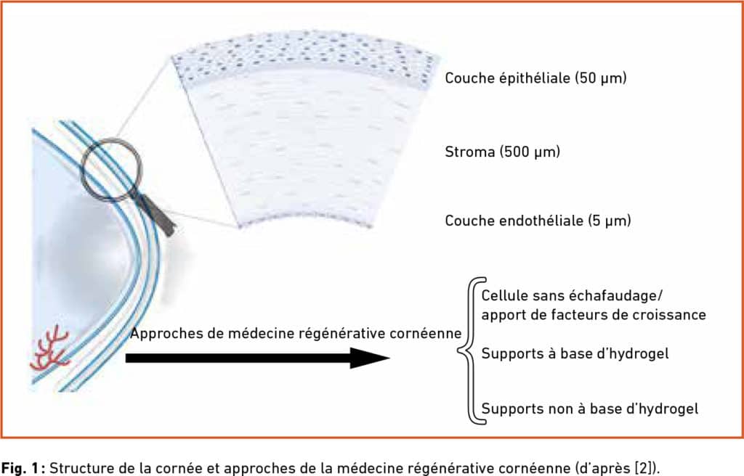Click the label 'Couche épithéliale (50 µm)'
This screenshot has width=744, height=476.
pyautogui.click(x=535, y=78)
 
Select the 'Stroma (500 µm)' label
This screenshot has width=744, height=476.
pyautogui.click(x=503, y=152)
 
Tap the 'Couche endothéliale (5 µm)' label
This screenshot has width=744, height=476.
pyautogui.click(x=538, y=221)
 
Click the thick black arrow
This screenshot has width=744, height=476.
pyautogui.click(x=258, y=358)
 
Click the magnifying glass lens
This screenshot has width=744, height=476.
pyautogui.click(x=112, y=169)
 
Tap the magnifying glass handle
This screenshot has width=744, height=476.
pyautogui.click(x=158, y=215)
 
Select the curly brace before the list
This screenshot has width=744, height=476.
pyautogui.click(x=471, y=350)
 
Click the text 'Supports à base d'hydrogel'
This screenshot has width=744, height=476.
pyautogui.click(x=575, y=353)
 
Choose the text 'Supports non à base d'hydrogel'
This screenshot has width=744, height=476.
pyautogui.click(x=590, y=409)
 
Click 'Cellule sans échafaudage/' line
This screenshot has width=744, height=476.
pyautogui.click(x=572, y=296)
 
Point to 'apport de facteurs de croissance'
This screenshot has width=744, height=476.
pyautogui.click(x=594, y=315)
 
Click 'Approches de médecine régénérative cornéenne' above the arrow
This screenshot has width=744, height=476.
pyautogui.click(x=296, y=333)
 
